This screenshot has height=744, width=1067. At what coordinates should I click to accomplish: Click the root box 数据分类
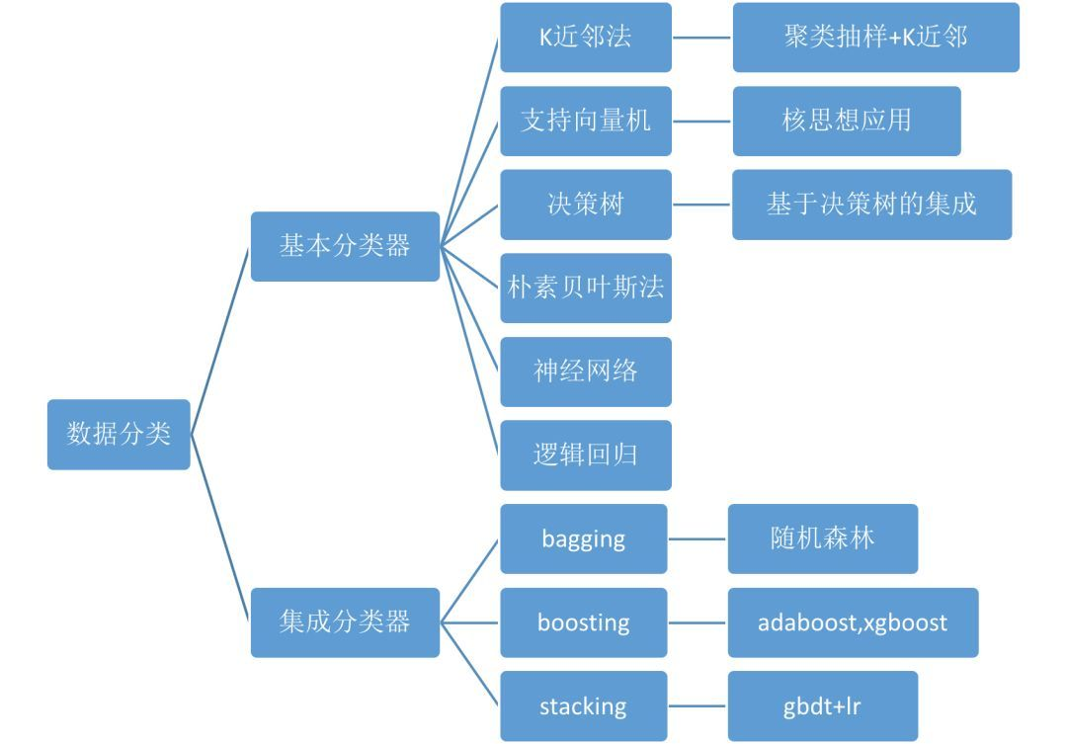click(x=119, y=435)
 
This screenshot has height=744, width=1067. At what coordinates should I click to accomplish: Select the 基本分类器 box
click(x=345, y=246)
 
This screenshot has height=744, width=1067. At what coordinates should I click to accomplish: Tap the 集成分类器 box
click(x=345, y=622)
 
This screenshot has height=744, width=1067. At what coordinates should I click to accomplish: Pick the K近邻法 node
click(x=586, y=38)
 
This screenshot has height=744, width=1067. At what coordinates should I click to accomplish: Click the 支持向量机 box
click(x=586, y=122)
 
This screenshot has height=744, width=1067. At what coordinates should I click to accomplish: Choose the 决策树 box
click(x=586, y=205)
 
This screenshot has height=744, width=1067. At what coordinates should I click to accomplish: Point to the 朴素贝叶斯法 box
click(x=586, y=288)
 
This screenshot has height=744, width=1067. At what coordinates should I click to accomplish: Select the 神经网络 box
click(x=586, y=372)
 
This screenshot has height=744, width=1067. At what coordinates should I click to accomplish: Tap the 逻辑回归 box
click(x=586, y=455)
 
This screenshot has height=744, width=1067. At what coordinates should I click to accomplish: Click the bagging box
click(x=584, y=539)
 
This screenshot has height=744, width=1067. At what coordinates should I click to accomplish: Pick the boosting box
click(x=584, y=622)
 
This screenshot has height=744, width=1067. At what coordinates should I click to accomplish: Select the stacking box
click(x=584, y=705)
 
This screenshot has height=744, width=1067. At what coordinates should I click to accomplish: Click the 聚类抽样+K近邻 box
click(x=875, y=38)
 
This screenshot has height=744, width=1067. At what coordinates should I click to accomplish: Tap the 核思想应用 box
click(x=847, y=122)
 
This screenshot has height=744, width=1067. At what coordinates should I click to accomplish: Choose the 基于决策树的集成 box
click(x=871, y=205)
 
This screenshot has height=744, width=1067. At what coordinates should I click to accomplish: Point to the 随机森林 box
click(x=823, y=539)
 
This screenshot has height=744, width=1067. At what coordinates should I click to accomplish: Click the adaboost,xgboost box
click(x=853, y=622)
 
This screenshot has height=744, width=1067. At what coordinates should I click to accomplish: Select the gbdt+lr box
click(x=823, y=705)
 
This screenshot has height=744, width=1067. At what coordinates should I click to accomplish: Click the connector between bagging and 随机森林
click(x=698, y=539)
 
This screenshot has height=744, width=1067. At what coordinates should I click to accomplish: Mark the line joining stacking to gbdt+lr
click(x=698, y=705)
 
